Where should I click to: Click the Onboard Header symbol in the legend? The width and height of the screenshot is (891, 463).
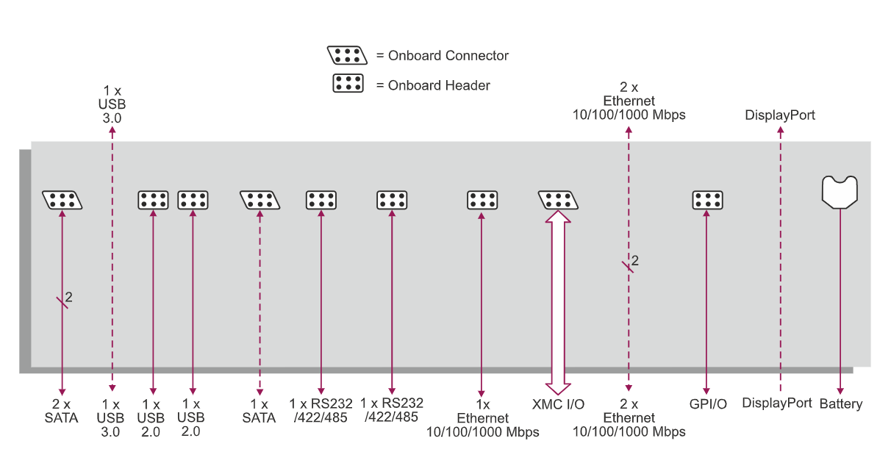coord(348,83)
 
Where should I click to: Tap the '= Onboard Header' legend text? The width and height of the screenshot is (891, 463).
coord(433,85)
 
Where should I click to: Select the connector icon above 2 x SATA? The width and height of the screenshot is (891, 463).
coord(62,199)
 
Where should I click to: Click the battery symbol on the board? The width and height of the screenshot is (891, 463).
coord(840,190)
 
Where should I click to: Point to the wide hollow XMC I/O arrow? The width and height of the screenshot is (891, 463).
coord(558,301)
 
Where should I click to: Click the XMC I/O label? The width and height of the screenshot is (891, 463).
coord(558,404)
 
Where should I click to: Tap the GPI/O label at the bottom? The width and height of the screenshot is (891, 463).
coord(706,404)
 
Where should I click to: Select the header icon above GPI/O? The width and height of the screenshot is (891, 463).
coord(707,199)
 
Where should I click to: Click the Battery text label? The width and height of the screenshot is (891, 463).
coord(840,404)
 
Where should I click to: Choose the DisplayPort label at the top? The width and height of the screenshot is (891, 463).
coord(780,115)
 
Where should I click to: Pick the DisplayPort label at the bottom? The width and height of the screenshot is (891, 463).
coord(777,403)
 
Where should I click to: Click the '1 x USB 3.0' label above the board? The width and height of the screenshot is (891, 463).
coord(111,103)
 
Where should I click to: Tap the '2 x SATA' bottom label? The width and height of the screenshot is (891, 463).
coord(62,412)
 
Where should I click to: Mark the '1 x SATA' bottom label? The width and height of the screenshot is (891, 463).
coord(259,412)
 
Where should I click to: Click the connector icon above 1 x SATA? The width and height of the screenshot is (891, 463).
coord(260,199)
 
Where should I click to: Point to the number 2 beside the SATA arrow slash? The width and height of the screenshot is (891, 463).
coord(69,297)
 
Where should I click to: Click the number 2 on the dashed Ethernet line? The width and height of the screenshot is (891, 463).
coord(635,260)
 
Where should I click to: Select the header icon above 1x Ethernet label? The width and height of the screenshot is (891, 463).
coord(482,199)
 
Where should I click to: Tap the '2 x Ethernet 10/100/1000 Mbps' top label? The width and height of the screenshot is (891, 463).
coord(629,101)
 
